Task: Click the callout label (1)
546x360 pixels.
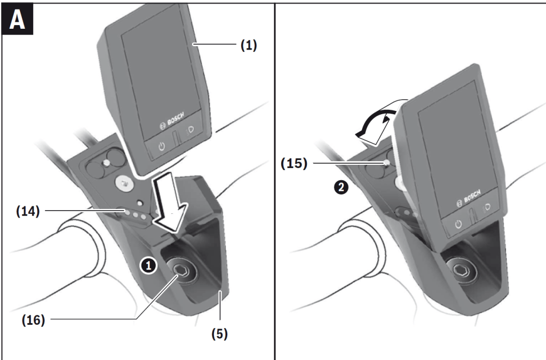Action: tap(248, 45)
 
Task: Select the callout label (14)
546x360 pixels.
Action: tap(27, 211)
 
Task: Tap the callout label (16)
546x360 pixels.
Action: tap(33, 321)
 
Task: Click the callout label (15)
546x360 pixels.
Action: tap(294, 163)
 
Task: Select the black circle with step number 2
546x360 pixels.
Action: tap(342, 187)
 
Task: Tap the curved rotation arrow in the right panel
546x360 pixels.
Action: tap(376, 121)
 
